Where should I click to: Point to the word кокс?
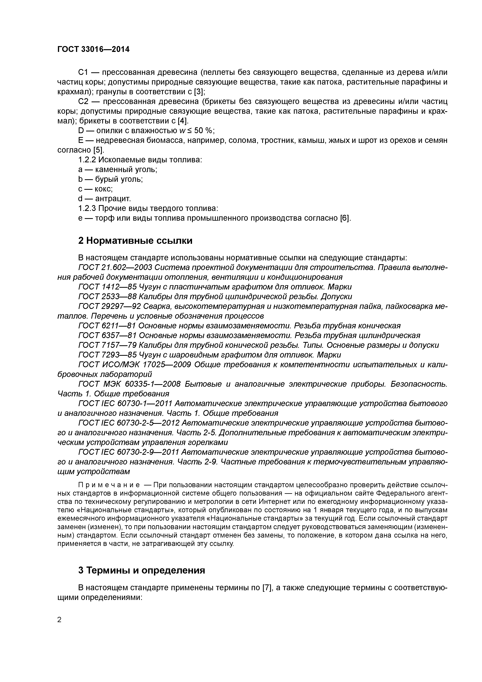point(104,189)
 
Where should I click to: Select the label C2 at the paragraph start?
point(83,102)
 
